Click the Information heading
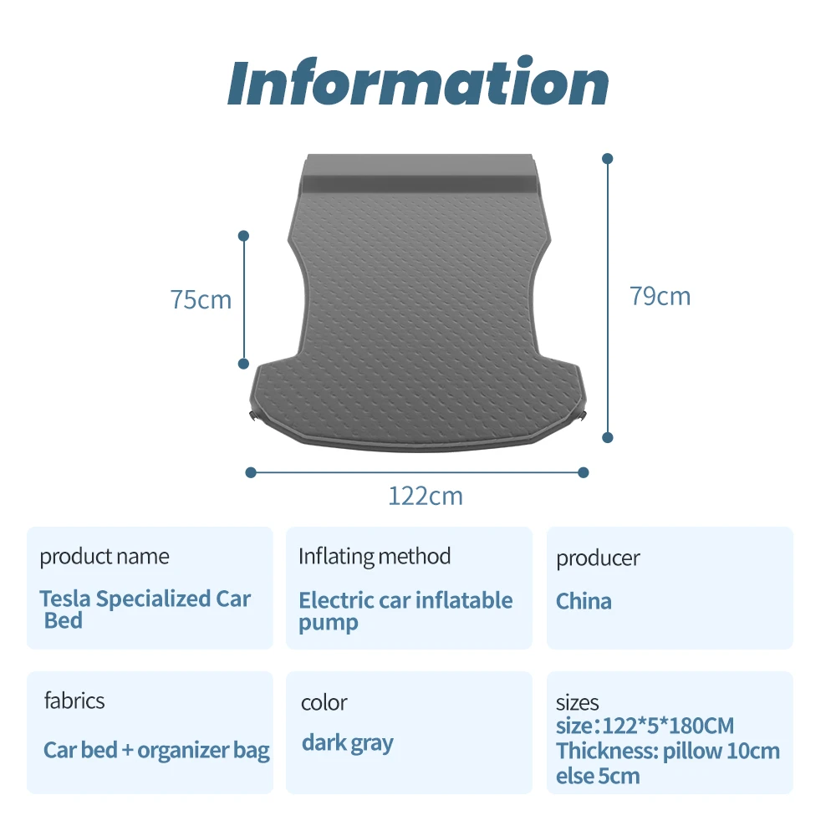click(418, 83)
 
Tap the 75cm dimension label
click(201, 299)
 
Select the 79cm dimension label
click(660, 296)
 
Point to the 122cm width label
click(425, 496)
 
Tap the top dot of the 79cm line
click(608, 158)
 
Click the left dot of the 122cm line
click(251, 472)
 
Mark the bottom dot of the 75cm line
click(244, 364)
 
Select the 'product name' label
click(104, 556)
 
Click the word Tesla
click(66, 599)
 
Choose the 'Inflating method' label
click(375, 556)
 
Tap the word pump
click(329, 623)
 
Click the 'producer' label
click(599, 558)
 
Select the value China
click(584, 601)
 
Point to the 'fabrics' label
click(74, 700)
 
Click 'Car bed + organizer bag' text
click(156, 750)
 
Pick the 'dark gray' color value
click(348, 742)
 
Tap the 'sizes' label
click(578, 702)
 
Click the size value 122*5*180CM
click(645, 726)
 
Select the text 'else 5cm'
click(598, 776)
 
